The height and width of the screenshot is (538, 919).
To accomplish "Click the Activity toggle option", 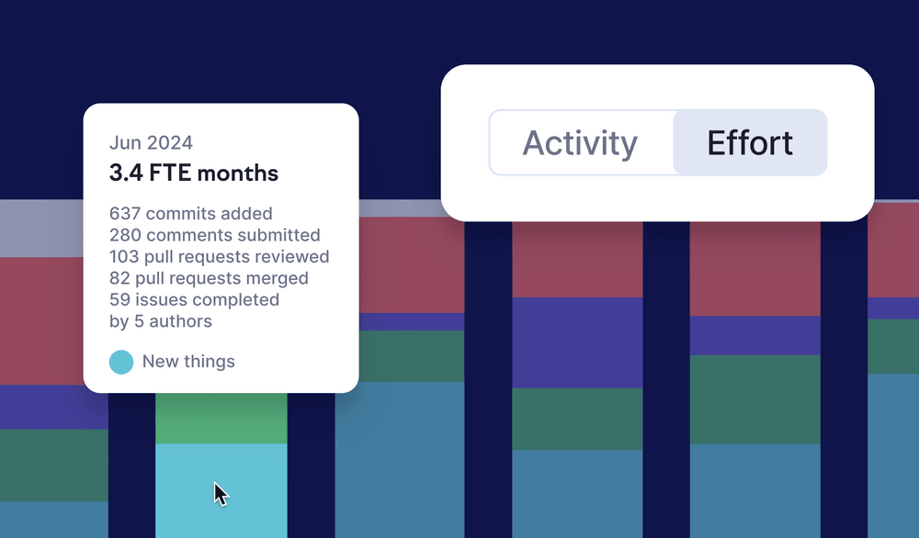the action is tap(580, 142).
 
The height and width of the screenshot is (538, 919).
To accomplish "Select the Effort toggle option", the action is tap(750, 142).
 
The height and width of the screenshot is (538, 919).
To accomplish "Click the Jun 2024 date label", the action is tap(151, 143).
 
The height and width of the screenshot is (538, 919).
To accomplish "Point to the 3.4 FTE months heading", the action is tap(193, 174).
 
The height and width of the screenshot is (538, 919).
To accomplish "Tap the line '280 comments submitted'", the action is tap(214, 235).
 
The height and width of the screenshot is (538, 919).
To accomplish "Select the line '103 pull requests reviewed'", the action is tap(220, 257).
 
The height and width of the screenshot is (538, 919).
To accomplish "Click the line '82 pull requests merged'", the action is tap(209, 278).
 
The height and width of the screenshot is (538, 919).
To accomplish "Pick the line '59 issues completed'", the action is tap(194, 299).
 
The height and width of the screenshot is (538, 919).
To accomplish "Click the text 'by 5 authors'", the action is tap(161, 321).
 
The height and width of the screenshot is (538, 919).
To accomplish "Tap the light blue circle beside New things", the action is tap(121, 362).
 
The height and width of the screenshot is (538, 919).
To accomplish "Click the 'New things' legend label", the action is tap(188, 362).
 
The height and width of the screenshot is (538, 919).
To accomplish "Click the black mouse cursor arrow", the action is tap(221, 494).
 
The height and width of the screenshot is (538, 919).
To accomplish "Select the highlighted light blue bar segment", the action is tap(221, 490).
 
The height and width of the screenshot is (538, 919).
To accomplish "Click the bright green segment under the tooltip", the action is tap(221, 418).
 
